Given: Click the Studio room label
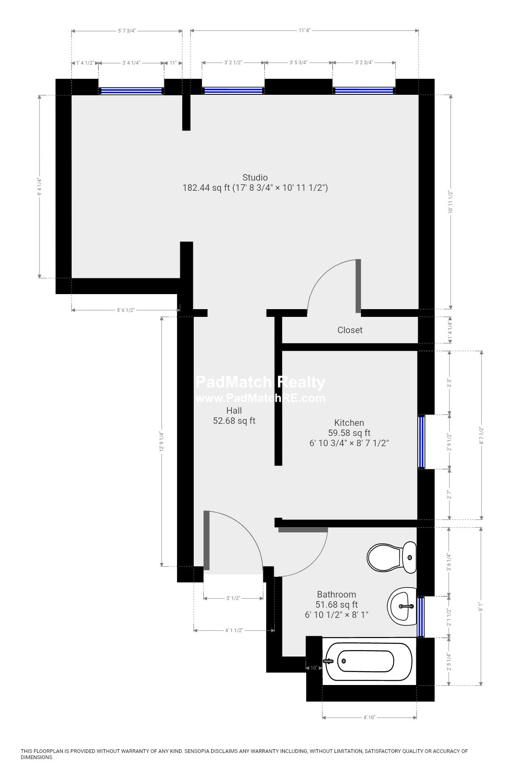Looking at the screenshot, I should point(255,178).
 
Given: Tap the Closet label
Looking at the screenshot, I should point(350,330).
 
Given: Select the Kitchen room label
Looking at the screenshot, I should point(349,423).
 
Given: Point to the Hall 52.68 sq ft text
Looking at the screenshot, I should point(234,415).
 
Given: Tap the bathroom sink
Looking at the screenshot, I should point(402,606).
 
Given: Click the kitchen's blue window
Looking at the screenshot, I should point(421,442).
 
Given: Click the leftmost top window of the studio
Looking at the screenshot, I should point(131,91).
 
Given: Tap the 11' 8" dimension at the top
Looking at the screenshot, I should point(304,31).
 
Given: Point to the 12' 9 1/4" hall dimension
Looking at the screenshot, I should point(162,442).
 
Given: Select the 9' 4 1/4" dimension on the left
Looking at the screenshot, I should point(39,187).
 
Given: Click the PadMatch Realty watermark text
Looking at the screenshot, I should point(260,382).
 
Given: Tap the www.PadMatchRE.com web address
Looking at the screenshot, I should point(260,398).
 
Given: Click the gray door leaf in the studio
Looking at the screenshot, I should point(358,286).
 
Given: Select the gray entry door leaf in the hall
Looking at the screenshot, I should point(206,540).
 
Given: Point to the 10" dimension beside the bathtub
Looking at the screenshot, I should point(313,668).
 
